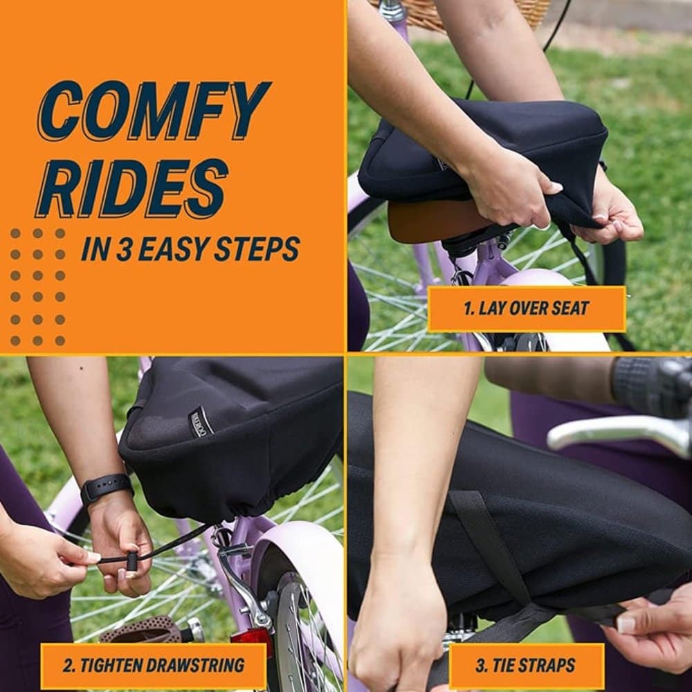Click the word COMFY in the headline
click(154, 111)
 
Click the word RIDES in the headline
click(131, 188)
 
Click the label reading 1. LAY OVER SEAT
click(527, 309)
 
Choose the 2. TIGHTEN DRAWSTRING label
click(154, 665)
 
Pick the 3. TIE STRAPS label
click(526, 665)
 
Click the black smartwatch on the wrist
click(107, 488)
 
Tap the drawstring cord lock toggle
click(131, 562)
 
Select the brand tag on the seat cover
click(201, 422)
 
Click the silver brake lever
click(618, 434)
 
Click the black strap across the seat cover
click(490, 547)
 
